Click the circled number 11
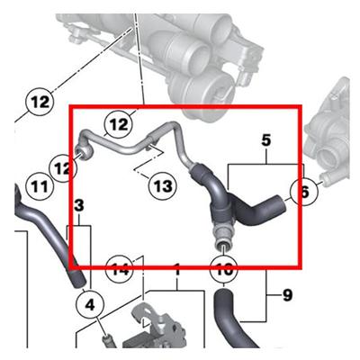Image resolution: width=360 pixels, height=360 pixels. [x=37, y=186]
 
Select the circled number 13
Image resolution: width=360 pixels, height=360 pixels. [x=161, y=186]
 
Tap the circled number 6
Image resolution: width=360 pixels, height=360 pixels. [x=303, y=190]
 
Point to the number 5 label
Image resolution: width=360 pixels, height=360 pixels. [x=265, y=140]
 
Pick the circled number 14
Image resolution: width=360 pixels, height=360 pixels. [x=121, y=267]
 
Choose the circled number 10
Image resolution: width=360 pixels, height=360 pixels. [x=222, y=267]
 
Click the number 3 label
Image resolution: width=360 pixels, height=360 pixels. [x=79, y=207]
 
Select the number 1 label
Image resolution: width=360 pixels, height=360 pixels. [x=177, y=269]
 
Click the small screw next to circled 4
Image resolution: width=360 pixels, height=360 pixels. [x=106, y=339]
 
